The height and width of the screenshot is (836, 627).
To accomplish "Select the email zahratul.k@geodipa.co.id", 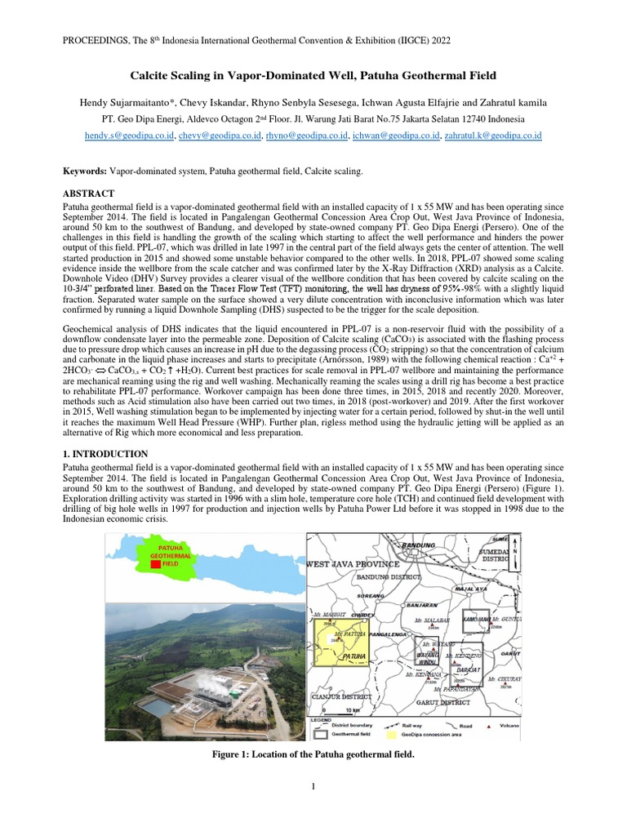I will [494, 136].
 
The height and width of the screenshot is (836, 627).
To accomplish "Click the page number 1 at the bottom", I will [313, 786].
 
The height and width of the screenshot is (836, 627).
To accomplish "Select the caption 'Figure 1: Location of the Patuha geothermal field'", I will [313, 754].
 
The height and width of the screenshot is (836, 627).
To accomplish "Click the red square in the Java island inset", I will [156, 563].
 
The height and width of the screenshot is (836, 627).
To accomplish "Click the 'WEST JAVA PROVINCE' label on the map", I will [353, 563].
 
